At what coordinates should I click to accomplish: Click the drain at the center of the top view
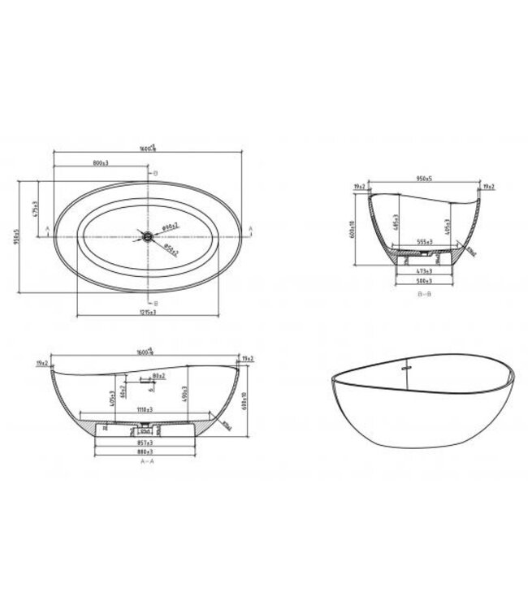(147, 236)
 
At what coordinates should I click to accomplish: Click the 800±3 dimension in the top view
(102, 163)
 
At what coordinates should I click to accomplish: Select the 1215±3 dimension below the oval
(147, 313)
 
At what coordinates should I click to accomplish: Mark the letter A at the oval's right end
(250, 229)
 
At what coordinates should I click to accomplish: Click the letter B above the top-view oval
(155, 174)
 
